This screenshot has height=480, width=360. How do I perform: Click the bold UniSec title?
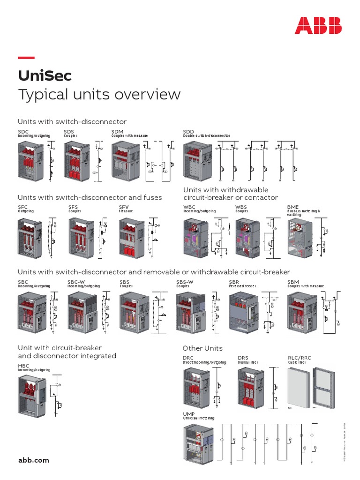[45, 75]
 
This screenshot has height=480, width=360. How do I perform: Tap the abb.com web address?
[33, 460]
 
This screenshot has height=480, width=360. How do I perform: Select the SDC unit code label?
[23, 132]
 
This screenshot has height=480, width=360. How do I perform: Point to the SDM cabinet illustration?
[125, 161]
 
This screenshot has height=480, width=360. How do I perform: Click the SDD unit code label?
[189, 132]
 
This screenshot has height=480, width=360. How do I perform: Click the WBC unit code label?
[190, 207]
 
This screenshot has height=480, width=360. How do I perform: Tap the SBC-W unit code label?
[76, 282]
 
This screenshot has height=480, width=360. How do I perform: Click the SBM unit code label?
[293, 282]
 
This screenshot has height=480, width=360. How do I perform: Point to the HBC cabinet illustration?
[33, 396]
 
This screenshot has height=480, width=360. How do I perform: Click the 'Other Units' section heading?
[202, 348]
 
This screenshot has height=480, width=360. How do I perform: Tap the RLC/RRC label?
[299, 358]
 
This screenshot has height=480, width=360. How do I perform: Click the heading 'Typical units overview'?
[99, 94]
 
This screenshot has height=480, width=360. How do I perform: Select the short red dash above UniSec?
[26, 58]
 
